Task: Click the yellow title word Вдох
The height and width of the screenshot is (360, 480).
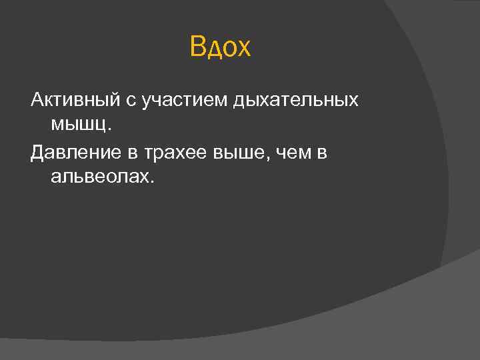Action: [x=220, y=48]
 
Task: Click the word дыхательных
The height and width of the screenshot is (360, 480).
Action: [x=296, y=101]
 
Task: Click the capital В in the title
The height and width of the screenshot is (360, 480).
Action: [x=197, y=48]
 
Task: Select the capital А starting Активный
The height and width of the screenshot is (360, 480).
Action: [x=37, y=100]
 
